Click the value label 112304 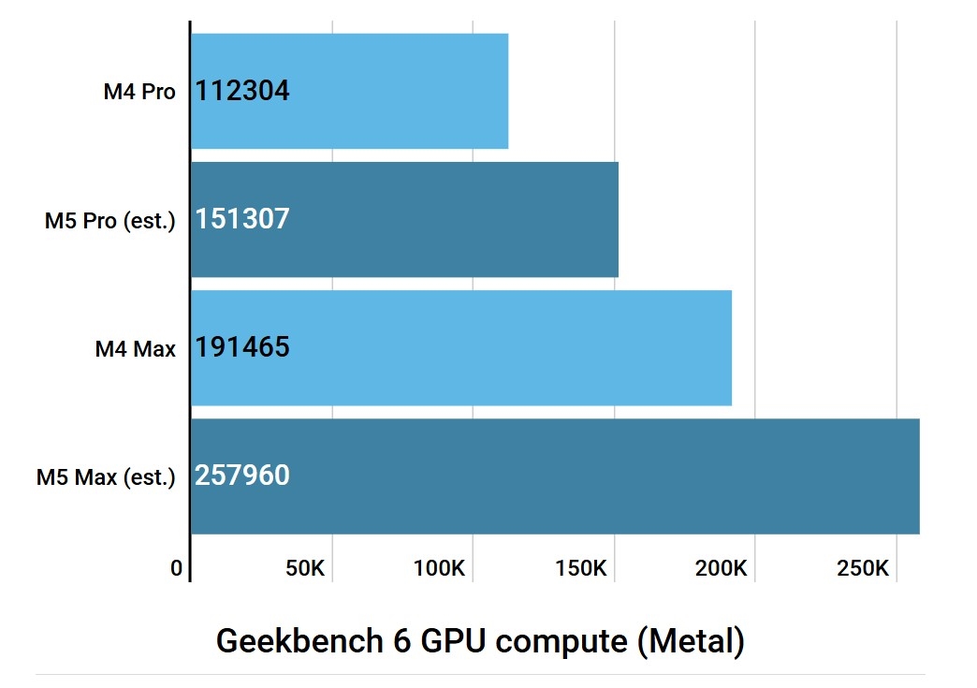pyautogui.click(x=242, y=91)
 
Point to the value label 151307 pyautogui.click(x=242, y=219)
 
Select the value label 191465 pyautogui.click(x=242, y=348)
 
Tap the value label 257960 pyautogui.click(x=242, y=476)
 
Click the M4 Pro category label pyautogui.click(x=139, y=92)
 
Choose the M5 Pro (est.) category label pyautogui.click(x=109, y=221)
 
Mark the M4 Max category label pyautogui.click(x=135, y=350)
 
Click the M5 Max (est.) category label pyautogui.click(x=106, y=478)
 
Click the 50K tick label pyautogui.click(x=304, y=568)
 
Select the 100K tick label pyautogui.click(x=440, y=568)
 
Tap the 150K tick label pyautogui.click(x=581, y=568)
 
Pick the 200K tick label pyautogui.click(x=722, y=568)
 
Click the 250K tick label pyautogui.click(x=863, y=568)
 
